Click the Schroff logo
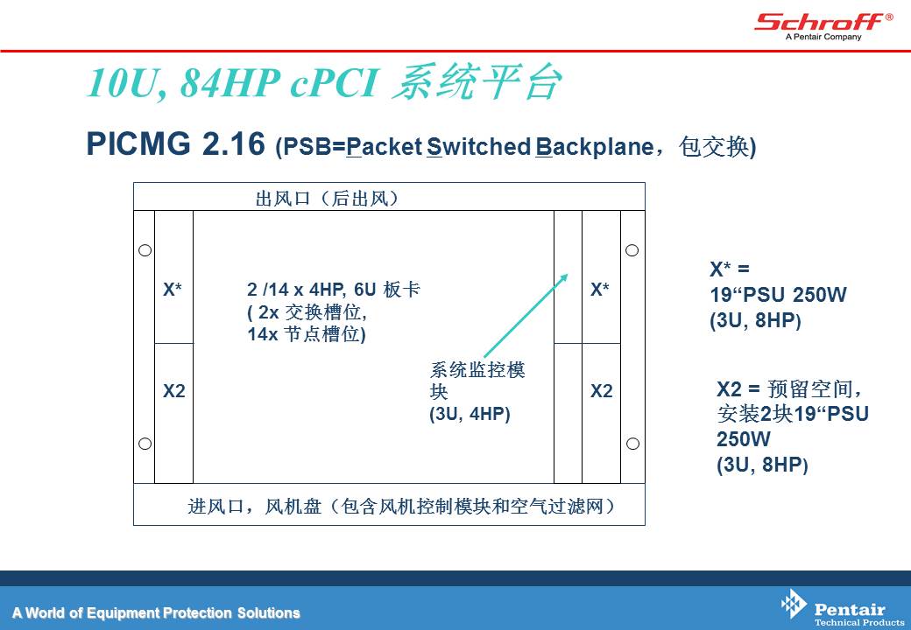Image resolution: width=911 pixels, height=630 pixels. (x=823, y=26)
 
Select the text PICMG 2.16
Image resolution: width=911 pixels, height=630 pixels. (x=175, y=143)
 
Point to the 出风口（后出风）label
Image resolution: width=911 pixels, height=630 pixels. (x=327, y=199)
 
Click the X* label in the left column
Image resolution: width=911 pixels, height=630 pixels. (x=173, y=289)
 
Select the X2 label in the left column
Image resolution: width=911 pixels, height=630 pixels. (x=173, y=391)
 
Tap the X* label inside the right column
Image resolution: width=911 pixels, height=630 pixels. (x=600, y=289)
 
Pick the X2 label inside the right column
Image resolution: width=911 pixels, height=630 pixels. (x=601, y=391)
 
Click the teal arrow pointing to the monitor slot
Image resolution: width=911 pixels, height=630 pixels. (x=526, y=315)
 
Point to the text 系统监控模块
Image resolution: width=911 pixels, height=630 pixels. (x=477, y=381)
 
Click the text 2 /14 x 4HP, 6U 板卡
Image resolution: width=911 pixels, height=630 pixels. (x=334, y=289)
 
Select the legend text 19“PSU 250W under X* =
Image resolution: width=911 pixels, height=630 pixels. (x=778, y=295)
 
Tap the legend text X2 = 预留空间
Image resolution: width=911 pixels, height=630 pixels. (x=788, y=388)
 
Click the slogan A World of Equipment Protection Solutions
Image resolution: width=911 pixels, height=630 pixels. (x=156, y=612)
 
